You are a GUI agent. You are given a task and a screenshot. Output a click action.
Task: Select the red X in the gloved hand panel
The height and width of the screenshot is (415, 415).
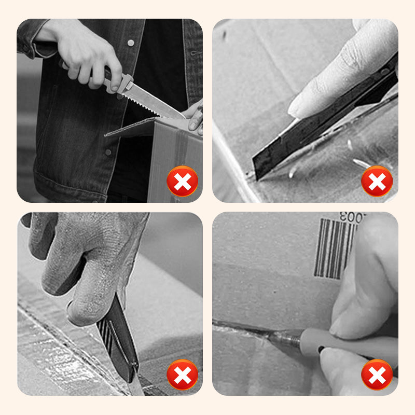pos(182,375)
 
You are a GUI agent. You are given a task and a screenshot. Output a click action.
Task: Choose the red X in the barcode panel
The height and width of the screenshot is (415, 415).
pos(377,375)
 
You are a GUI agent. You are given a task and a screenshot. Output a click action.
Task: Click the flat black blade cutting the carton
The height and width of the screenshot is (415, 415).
pos(280,150)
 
